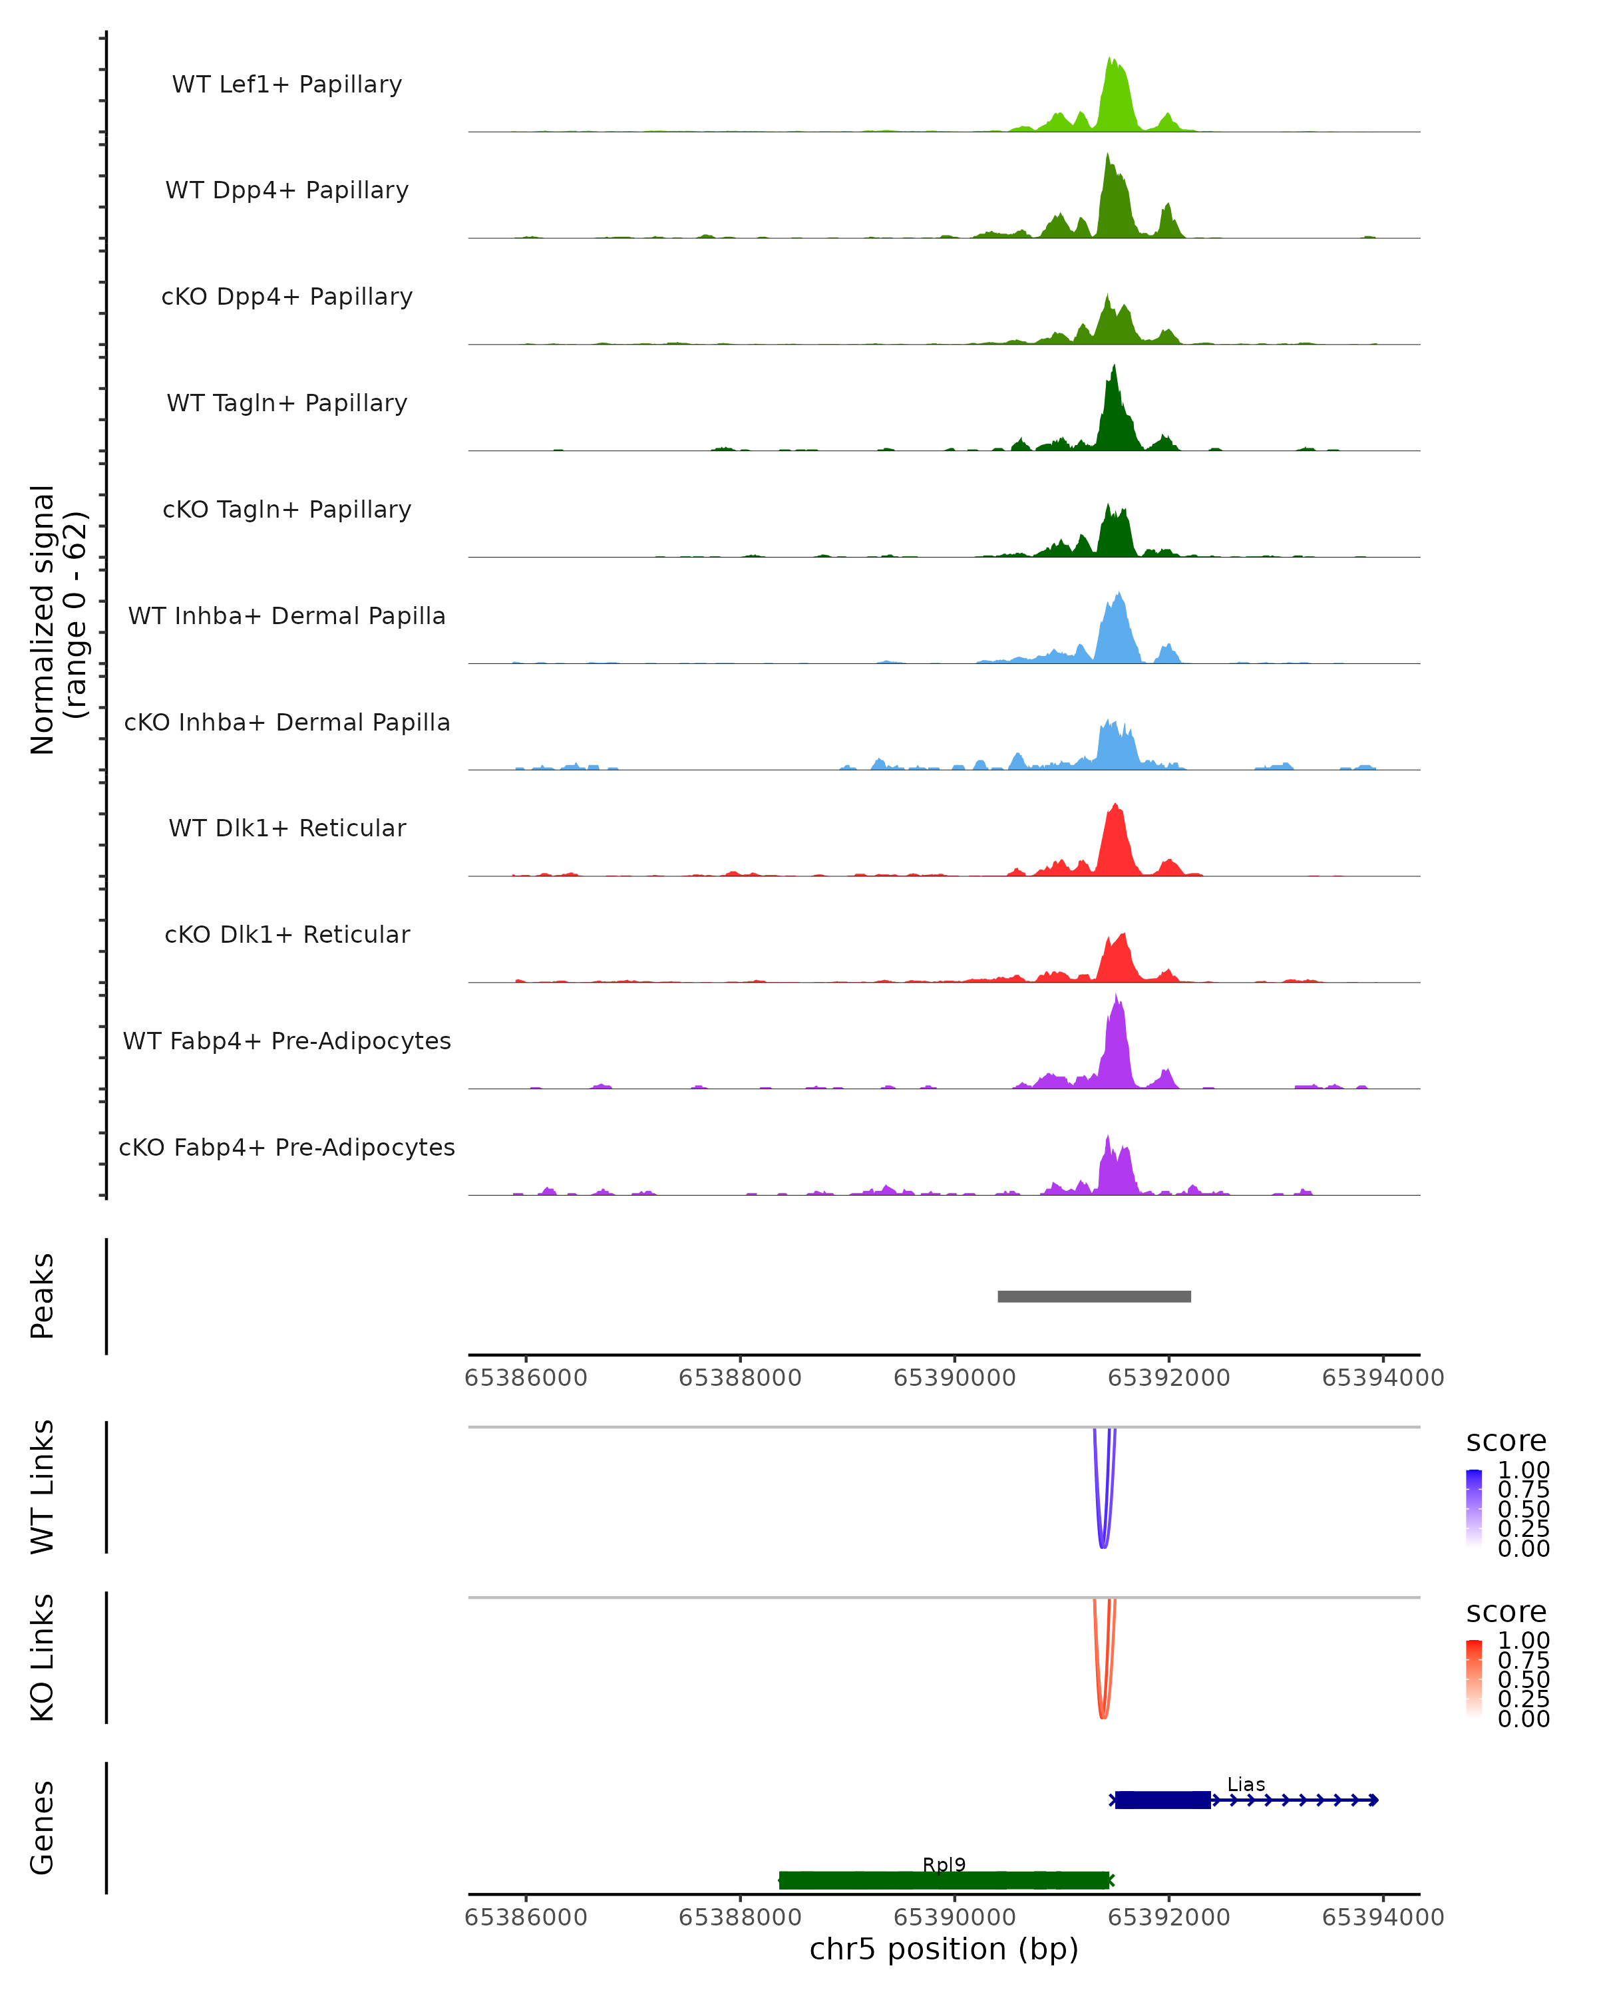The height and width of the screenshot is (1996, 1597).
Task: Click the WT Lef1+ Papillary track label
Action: pyautogui.click(x=287, y=84)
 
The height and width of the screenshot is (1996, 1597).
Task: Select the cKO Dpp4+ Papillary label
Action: pyautogui.click(x=287, y=296)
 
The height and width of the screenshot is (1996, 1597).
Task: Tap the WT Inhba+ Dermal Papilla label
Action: pyautogui.click(x=287, y=615)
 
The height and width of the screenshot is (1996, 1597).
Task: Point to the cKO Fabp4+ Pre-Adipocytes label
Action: pyautogui.click(x=287, y=1147)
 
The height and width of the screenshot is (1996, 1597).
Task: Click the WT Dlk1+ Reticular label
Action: pyautogui.click(x=287, y=828)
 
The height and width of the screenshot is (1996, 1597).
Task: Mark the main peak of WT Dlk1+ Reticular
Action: pyautogui.click(x=1116, y=806)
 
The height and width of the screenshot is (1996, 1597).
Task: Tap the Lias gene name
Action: pyautogui.click(x=1245, y=1784)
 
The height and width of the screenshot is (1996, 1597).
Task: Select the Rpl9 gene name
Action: pyautogui.click(x=944, y=1864)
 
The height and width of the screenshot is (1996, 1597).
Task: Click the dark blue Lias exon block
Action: pyautogui.click(x=1162, y=1800)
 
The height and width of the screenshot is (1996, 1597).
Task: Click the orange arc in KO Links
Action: pyautogui.click(x=1103, y=1715)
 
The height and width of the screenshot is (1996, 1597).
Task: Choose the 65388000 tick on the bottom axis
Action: pyautogui.click(x=740, y=1916)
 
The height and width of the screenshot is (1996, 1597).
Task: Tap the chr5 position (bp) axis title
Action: pyautogui.click(x=944, y=1949)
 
